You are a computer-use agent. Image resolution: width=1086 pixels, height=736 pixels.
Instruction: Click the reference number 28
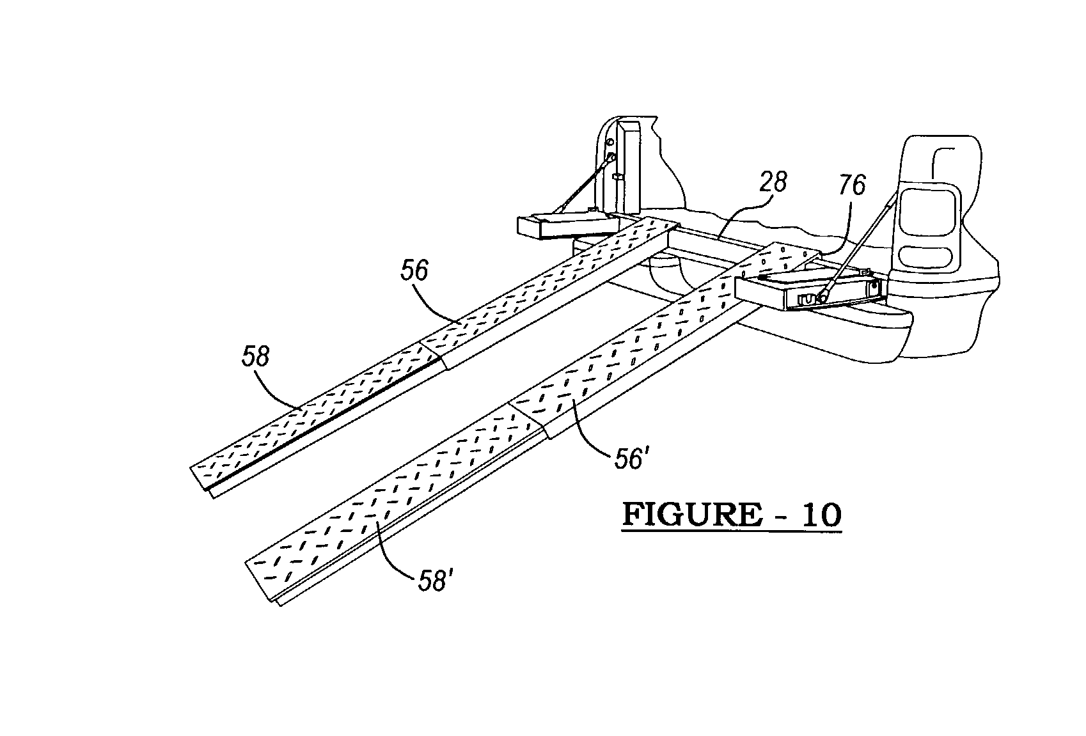coord(773,183)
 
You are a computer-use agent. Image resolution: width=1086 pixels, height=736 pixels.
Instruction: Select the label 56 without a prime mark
coord(414,271)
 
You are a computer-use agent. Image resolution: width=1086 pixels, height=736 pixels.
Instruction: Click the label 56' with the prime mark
coord(629,459)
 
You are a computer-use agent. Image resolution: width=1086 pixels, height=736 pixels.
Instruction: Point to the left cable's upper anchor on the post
coord(612,156)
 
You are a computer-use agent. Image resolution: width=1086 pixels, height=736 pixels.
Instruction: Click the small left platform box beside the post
coord(563,226)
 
